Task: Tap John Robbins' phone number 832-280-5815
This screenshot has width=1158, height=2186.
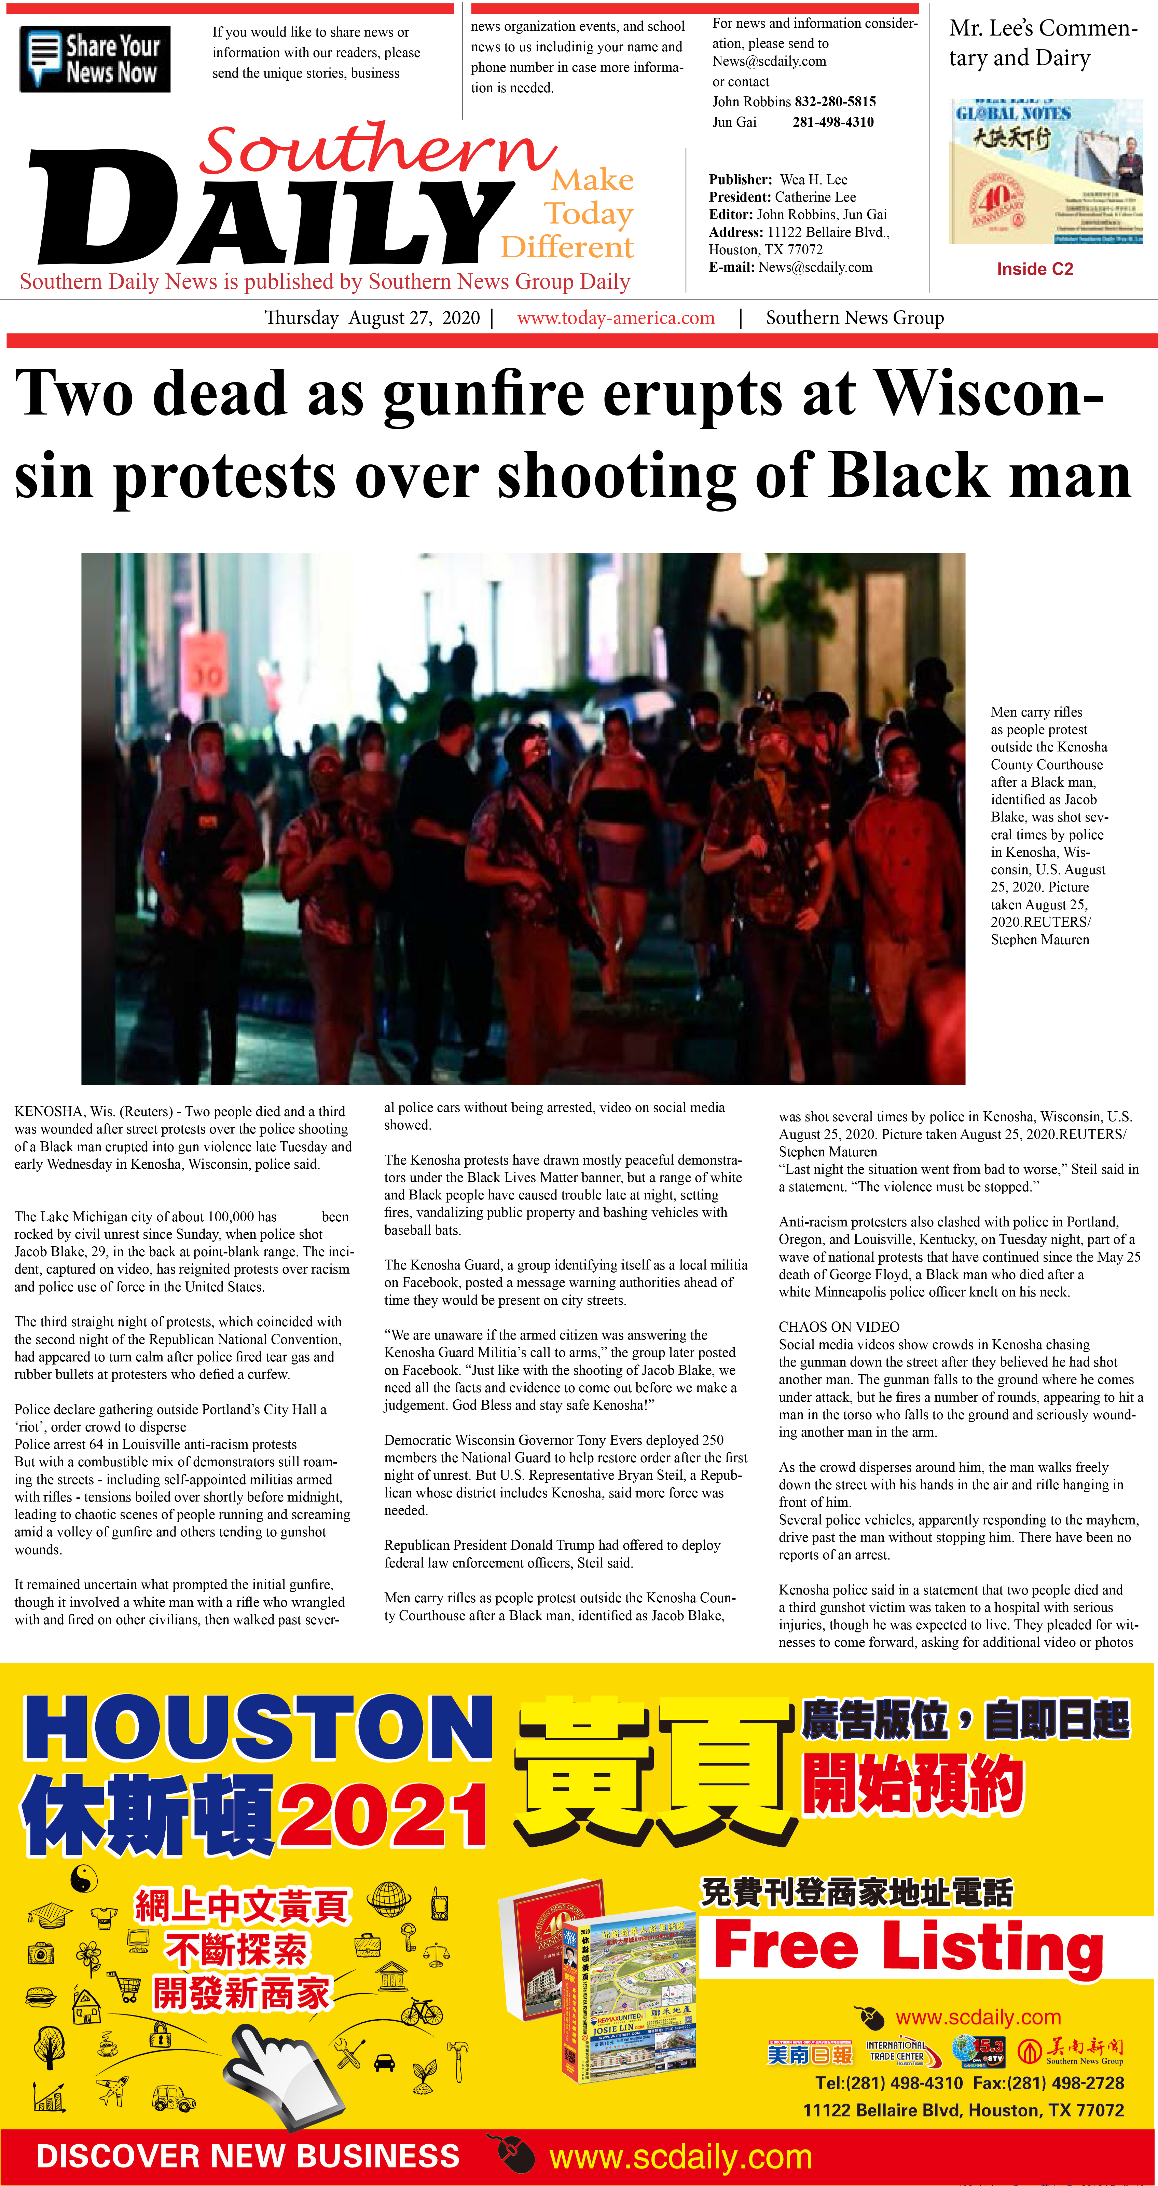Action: pos(835,102)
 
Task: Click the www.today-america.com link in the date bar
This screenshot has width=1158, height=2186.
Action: pos(616,318)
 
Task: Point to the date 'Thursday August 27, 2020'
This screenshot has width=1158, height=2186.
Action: pos(372,318)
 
